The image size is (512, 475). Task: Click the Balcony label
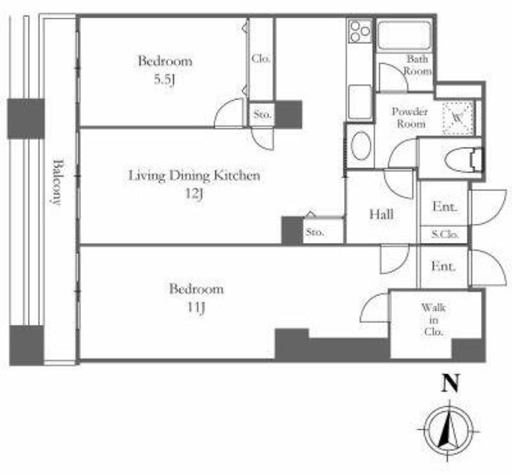[57, 182]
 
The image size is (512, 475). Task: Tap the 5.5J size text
[164, 80]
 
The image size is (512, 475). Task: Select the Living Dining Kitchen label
[194, 176]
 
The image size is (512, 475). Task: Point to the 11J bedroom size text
[196, 308]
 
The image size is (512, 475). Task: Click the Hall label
[381, 214]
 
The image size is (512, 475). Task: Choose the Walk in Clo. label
[434, 320]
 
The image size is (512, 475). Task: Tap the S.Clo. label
[445, 234]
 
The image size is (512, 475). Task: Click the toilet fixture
[463, 159]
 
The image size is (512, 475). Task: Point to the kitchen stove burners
[360, 31]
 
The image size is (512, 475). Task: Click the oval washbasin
[361, 146]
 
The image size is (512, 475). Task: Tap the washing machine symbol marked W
[458, 118]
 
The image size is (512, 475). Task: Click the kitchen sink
[360, 102]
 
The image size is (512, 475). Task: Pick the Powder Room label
[410, 118]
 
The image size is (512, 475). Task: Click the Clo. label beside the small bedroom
[261, 58]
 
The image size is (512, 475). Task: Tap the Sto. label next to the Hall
[314, 232]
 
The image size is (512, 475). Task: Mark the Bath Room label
[418, 65]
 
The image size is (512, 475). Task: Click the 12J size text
[194, 194]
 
